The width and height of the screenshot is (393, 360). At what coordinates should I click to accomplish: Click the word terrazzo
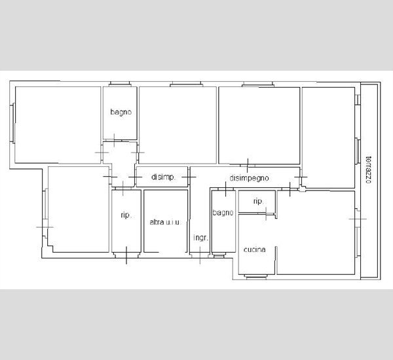368,170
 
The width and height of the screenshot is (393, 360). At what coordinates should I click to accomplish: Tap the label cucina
254,249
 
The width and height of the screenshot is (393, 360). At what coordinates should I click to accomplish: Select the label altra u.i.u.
165,222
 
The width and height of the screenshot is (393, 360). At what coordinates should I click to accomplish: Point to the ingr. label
201,238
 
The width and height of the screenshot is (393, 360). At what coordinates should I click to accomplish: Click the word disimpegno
249,178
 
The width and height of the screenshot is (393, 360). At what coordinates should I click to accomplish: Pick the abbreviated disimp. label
163,177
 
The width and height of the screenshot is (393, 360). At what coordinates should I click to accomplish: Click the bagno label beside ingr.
223,213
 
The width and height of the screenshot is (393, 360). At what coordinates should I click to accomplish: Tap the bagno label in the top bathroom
121,112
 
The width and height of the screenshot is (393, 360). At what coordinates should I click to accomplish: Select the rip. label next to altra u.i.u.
126,215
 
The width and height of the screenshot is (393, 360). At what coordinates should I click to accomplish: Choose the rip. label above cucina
258,201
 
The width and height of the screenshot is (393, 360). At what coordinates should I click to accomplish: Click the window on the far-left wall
12,123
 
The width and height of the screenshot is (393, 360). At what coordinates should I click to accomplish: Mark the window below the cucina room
255,277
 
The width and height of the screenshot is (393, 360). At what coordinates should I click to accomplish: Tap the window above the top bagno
119,84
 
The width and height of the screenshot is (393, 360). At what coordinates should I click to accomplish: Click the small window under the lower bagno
219,255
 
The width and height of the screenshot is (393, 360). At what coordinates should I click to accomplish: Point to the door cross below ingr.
200,255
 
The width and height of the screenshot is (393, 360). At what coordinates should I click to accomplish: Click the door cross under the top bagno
114,140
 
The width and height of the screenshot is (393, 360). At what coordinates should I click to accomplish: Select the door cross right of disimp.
189,177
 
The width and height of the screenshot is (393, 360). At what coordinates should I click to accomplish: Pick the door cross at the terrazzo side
358,219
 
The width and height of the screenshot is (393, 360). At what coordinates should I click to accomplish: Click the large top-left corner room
58,125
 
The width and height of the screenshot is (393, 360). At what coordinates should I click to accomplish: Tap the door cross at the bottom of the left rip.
126,255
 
